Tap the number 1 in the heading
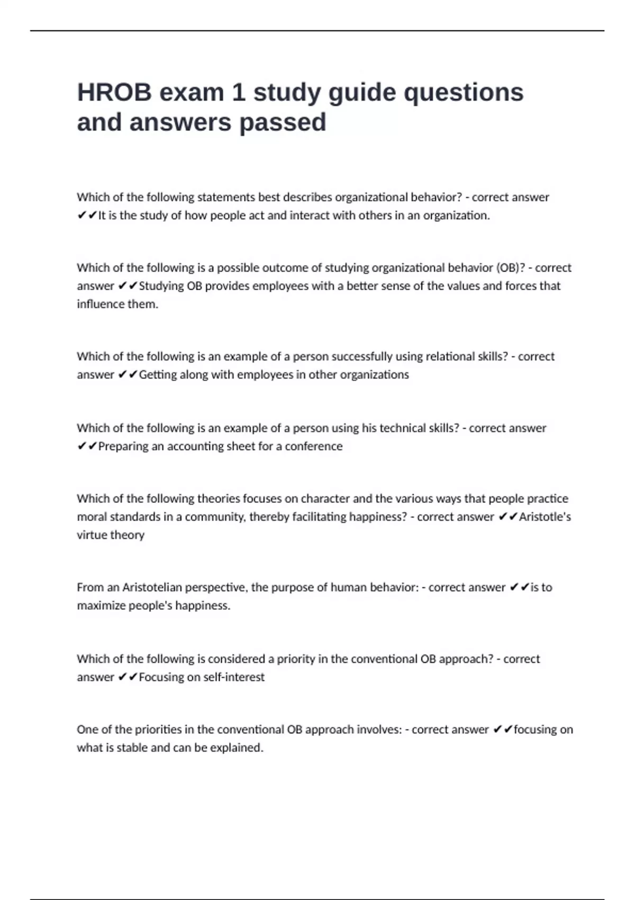[x=238, y=93]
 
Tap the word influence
[x=99, y=304]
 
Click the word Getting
[x=157, y=375]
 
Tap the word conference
[x=313, y=446]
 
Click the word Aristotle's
[x=545, y=517]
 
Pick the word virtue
[x=91, y=535]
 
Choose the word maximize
[x=98, y=606]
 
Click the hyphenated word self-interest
[x=233, y=677]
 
